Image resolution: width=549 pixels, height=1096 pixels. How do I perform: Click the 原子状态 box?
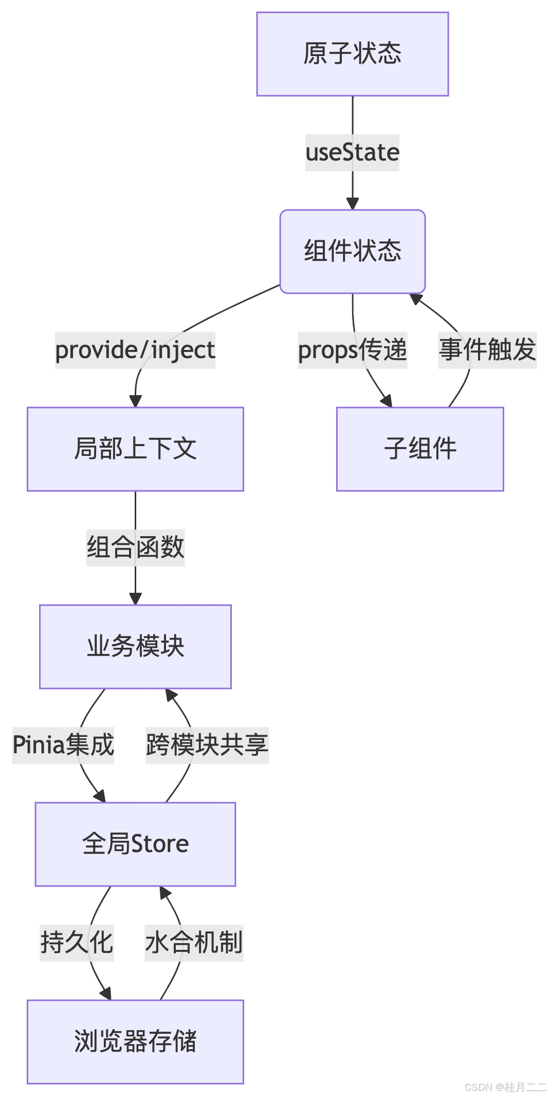[x=353, y=54]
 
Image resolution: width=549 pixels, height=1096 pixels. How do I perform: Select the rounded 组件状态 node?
[x=353, y=252]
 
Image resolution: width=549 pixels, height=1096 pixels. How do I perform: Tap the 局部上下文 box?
[x=135, y=449]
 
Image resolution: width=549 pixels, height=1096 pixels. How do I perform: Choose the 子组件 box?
[x=420, y=449]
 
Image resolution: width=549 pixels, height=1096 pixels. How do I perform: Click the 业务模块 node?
[x=135, y=646]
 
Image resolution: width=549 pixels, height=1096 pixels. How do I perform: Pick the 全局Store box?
[x=135, y=844]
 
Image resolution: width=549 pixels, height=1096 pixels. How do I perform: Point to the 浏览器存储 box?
[x=135, y=1041]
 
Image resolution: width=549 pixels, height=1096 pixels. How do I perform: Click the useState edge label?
[x=352, y=153]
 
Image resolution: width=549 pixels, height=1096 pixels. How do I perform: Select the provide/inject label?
[x=135, y=350]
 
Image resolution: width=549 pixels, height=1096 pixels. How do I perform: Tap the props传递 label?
[x=353, y=350]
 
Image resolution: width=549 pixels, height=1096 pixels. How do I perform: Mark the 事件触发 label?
[x=487, y=350]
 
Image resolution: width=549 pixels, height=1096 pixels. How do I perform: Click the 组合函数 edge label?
[x=135, y=547]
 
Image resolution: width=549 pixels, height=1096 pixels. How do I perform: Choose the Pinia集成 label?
[x=63, y=745]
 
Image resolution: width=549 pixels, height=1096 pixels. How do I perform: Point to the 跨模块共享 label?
[x=207, y=745]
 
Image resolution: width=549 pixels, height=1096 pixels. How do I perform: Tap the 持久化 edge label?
[x=77, y=943]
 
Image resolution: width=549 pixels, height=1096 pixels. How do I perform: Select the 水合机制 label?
[x=194, y=943]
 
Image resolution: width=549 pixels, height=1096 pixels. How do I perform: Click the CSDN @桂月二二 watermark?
[x=504, y=1086]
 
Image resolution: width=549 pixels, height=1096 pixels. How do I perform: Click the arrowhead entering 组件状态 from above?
[x=353, y=204]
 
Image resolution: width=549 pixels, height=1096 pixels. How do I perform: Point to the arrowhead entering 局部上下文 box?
[x=135, y=401]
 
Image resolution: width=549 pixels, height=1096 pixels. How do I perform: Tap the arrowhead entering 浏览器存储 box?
[x=106, y=994]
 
